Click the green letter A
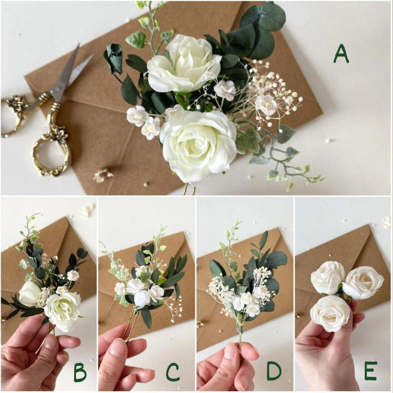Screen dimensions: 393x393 (341, 53)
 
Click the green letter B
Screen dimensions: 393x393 (80, 373)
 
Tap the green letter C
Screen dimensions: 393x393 (172, 373)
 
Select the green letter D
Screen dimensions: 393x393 (275, 372)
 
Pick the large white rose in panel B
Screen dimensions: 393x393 (62, 310)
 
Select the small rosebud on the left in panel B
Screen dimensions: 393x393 (29, 294)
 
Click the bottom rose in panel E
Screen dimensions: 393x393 (330, 313)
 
